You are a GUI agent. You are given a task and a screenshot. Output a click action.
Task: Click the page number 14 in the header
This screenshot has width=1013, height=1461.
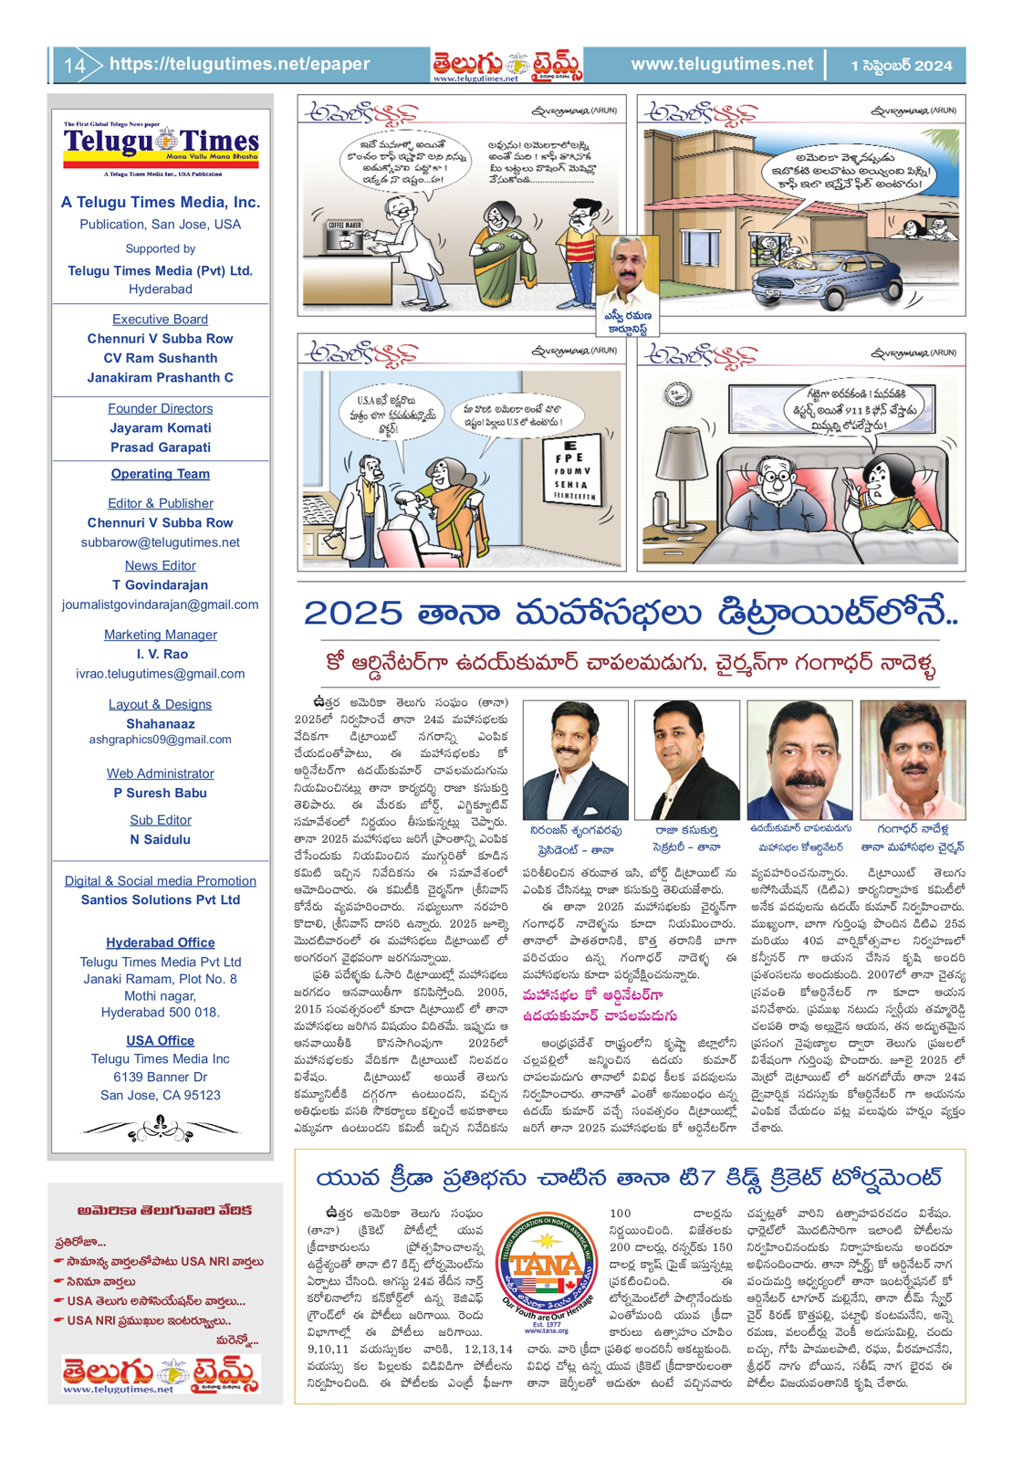pyautogui.click(x=74, y=66)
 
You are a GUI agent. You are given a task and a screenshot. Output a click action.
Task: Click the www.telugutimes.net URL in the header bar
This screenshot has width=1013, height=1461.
pyautogui.click(x=721, y=64)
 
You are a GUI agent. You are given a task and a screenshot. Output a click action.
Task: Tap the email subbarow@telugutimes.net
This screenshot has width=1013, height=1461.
pyautogui.click(x=161, y=542)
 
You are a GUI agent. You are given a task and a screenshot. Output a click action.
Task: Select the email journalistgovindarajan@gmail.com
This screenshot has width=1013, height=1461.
pyautogui.click(x=161, y=604)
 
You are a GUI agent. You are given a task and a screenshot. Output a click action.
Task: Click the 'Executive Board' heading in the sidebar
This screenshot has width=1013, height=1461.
pyautogui.click(x=161, y=320)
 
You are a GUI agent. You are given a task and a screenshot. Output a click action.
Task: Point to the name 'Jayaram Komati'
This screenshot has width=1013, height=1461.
pyautogui.click(x=161, y=428)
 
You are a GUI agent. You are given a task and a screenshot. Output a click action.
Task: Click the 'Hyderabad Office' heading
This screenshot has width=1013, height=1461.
pyautogui.click(x=161, y=942)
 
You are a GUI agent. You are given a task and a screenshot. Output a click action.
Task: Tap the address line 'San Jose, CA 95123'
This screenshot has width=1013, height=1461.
pyautogui.click(x=161, y=1096)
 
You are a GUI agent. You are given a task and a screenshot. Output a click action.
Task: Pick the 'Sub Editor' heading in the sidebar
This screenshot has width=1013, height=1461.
pyautogui.click(x=161, y=820)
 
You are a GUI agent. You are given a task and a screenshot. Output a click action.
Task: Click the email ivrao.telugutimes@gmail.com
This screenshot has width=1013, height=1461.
pyautogui.click(x=161, y=674)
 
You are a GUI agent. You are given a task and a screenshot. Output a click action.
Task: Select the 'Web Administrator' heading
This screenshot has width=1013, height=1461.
pyautogui.click(x=161, y=773)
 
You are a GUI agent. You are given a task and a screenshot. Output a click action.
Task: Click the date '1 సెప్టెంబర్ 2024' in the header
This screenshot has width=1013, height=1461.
pyautogui.click(x=901, y=66)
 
